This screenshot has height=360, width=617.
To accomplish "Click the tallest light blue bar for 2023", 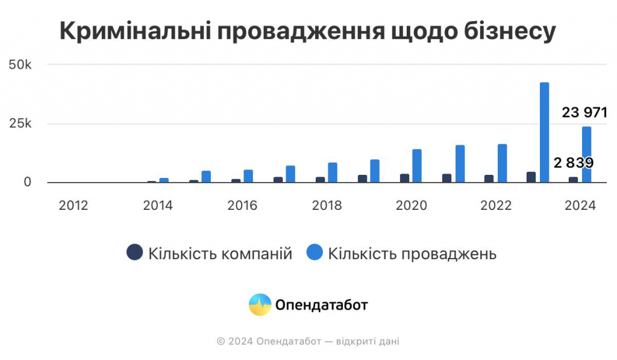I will tap(544, 132).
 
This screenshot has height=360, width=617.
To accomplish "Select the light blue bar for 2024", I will tap(586, 154).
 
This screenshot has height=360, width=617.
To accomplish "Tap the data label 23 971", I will tap(584, 113).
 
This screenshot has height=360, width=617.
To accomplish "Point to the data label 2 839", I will tap(574, 163).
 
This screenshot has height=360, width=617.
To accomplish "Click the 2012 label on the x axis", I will tap(74, 206).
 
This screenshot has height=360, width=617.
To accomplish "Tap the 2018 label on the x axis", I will tap(327, 206).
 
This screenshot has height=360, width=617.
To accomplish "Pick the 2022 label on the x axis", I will tap(495, 206).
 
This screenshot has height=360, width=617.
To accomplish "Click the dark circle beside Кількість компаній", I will tap(134, 253).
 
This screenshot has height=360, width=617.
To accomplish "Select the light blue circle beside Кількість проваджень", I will tap(314, 253).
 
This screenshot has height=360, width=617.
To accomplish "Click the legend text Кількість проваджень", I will tap(412, 254).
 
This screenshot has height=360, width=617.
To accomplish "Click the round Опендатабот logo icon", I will tap(260, 305).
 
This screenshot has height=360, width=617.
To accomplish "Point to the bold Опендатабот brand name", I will tap(321, 305).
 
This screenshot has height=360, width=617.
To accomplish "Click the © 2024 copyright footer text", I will tap(308, 342).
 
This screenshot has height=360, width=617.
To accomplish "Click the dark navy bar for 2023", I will tap(531, 177).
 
